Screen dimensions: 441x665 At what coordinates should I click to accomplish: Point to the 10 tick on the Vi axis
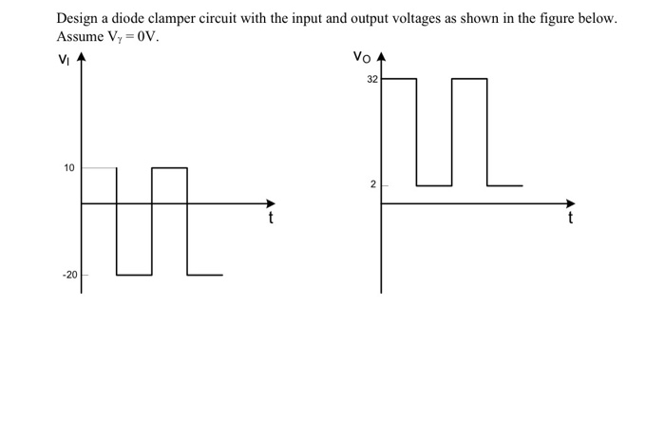(x=68, y=168)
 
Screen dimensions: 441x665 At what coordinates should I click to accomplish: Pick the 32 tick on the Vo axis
(x=371, y=80)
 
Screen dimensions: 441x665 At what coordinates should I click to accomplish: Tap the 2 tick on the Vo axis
(x=373, y=184)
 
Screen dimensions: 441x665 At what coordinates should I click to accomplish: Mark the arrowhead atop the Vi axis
(x=81, y=58)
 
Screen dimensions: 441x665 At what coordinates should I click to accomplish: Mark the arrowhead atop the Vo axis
(x=382, y=57)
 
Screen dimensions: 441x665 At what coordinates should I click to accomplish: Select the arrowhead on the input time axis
(x=270, y=202)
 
